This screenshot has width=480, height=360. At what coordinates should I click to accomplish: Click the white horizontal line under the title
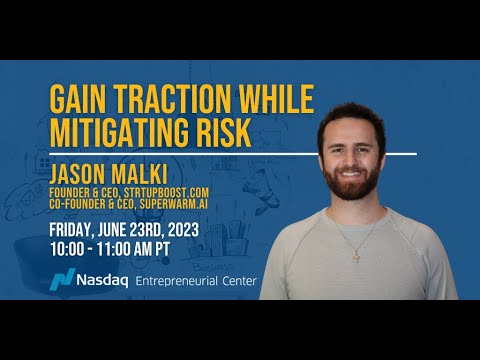(x=230, y=154)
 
